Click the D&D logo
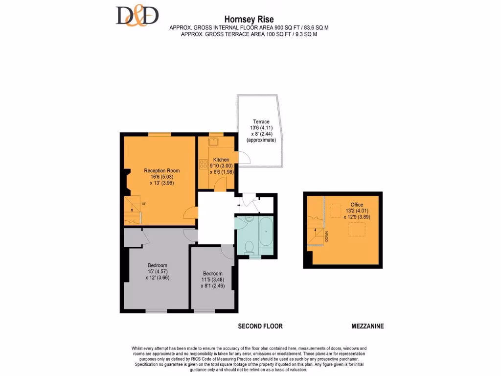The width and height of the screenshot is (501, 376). [x=137, y=16]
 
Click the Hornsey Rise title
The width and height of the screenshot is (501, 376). [x=249, y=20]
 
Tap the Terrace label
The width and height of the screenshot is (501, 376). [x=261, y=121]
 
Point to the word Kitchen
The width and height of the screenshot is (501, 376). [x=221, y=160]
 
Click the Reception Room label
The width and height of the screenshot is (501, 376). [x=161, y=171]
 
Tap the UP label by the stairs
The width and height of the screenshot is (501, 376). [x=144, y=204]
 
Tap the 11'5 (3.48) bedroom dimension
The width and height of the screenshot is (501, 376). [x=213, y=280]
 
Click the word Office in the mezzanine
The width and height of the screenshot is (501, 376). [x=357, y=205]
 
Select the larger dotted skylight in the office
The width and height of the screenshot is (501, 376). [x=357, y=230]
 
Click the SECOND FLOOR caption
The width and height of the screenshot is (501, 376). [x=260, y=326]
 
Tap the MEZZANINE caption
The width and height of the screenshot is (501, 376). [x=367, y=326]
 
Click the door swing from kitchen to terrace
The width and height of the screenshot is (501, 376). [x=243, y=158]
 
